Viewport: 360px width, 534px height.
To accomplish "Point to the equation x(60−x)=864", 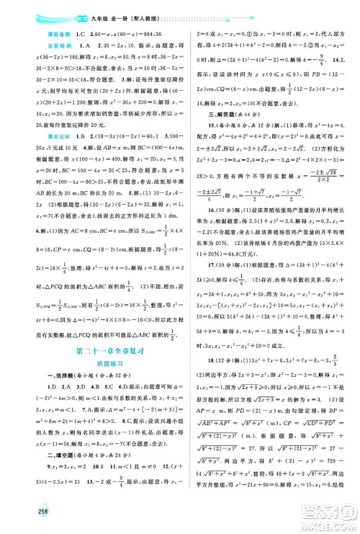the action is tap(86, 32).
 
